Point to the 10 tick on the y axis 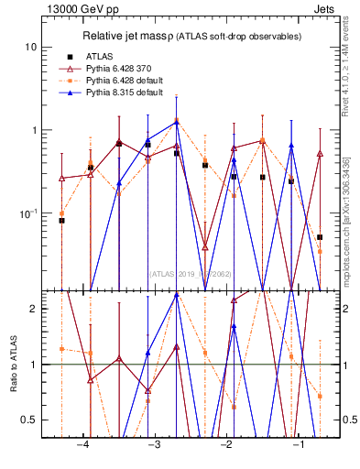[x=31, y=47]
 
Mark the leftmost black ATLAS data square [x=61, y=221]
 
